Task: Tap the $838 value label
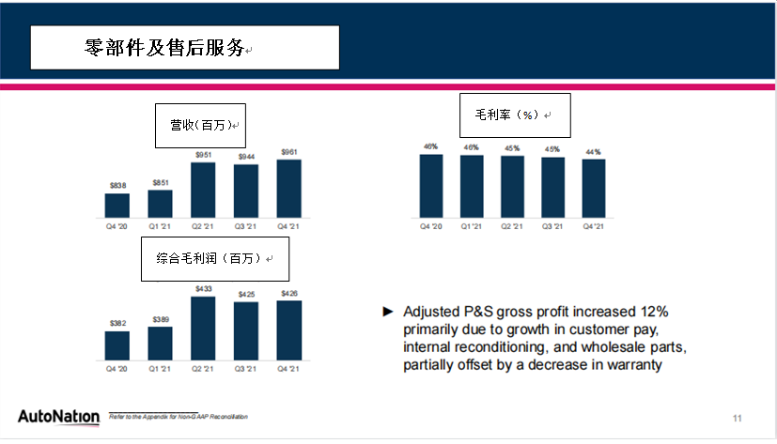click(117, 186)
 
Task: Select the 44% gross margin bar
click(594, 187)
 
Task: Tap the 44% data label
click(594, 151)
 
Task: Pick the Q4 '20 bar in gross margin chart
click(431, 184)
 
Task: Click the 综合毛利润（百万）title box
click(215, 258)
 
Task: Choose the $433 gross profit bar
click(203, 328)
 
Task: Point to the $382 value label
click(117, 323)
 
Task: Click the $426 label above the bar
click(288, 294)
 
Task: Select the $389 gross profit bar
click(160, 343)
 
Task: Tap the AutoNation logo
click(57, 416)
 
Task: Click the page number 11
click(738, 417)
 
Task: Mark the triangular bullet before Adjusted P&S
click(387, 311)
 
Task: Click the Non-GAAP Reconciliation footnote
click(178, 417)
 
